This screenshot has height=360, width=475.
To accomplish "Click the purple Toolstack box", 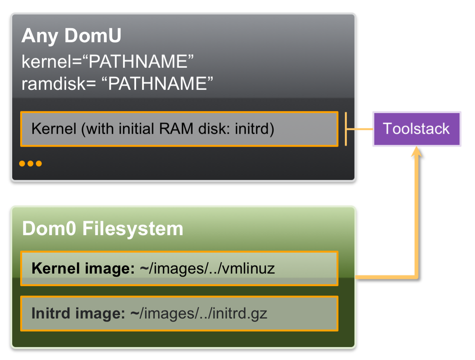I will pos(416,129).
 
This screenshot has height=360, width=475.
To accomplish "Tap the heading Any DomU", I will pos(71,36).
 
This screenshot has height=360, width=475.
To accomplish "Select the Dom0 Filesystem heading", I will pos(103,229).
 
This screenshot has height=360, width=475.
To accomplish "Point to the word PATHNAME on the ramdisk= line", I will pos(158,83).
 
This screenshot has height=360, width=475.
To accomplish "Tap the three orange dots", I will pos(30,164).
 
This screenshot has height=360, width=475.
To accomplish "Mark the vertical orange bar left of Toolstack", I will pos(346,129).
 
